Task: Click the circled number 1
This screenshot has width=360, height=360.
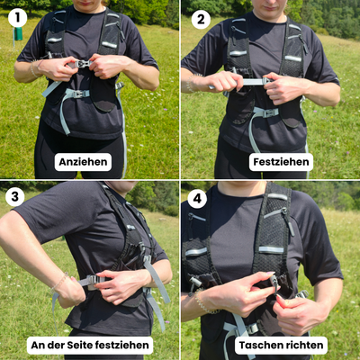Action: [x=15, y=17]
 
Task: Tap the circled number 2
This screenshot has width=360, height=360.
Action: [x=201, y=19]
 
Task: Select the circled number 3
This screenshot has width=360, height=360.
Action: [x=15, y=197]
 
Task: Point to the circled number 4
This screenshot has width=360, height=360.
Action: [x=197, y=199]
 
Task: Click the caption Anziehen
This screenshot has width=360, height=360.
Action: [x=83, y=162]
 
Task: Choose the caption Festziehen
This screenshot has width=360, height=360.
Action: [x=282, y=162]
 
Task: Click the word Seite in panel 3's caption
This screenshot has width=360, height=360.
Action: [x=83, y=344]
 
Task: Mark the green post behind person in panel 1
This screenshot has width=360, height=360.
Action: [x=17, y=32]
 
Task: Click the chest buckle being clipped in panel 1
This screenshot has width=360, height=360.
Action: [x=83, y=64]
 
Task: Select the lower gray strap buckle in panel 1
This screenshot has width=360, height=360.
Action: [x=76, y=93]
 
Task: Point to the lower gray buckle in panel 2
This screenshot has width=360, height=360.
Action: [x=265, y=112]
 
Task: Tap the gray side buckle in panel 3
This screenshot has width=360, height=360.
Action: [x=91, y=281]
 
